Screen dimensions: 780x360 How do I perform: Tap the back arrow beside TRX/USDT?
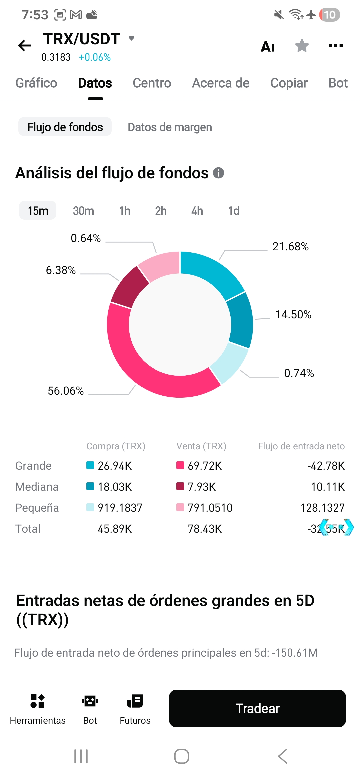25,46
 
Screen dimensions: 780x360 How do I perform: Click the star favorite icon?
302,46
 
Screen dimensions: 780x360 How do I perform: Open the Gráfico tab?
36,83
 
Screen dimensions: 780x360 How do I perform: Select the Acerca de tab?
221,83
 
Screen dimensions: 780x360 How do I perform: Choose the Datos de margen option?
170,127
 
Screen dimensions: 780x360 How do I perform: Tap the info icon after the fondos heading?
218,173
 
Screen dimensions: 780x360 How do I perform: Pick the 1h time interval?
125,211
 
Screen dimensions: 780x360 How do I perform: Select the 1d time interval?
234,211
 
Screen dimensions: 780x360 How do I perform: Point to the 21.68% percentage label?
290,247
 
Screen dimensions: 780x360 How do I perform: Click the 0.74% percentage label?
299,373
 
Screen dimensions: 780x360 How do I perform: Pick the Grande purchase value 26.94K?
115,466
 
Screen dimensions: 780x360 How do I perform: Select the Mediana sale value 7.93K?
202,487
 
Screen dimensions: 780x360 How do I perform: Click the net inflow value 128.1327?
322,508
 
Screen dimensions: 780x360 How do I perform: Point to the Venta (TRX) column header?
201,446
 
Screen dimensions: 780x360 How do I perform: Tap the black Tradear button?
257,708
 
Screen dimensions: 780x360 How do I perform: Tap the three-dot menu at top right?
335,46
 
